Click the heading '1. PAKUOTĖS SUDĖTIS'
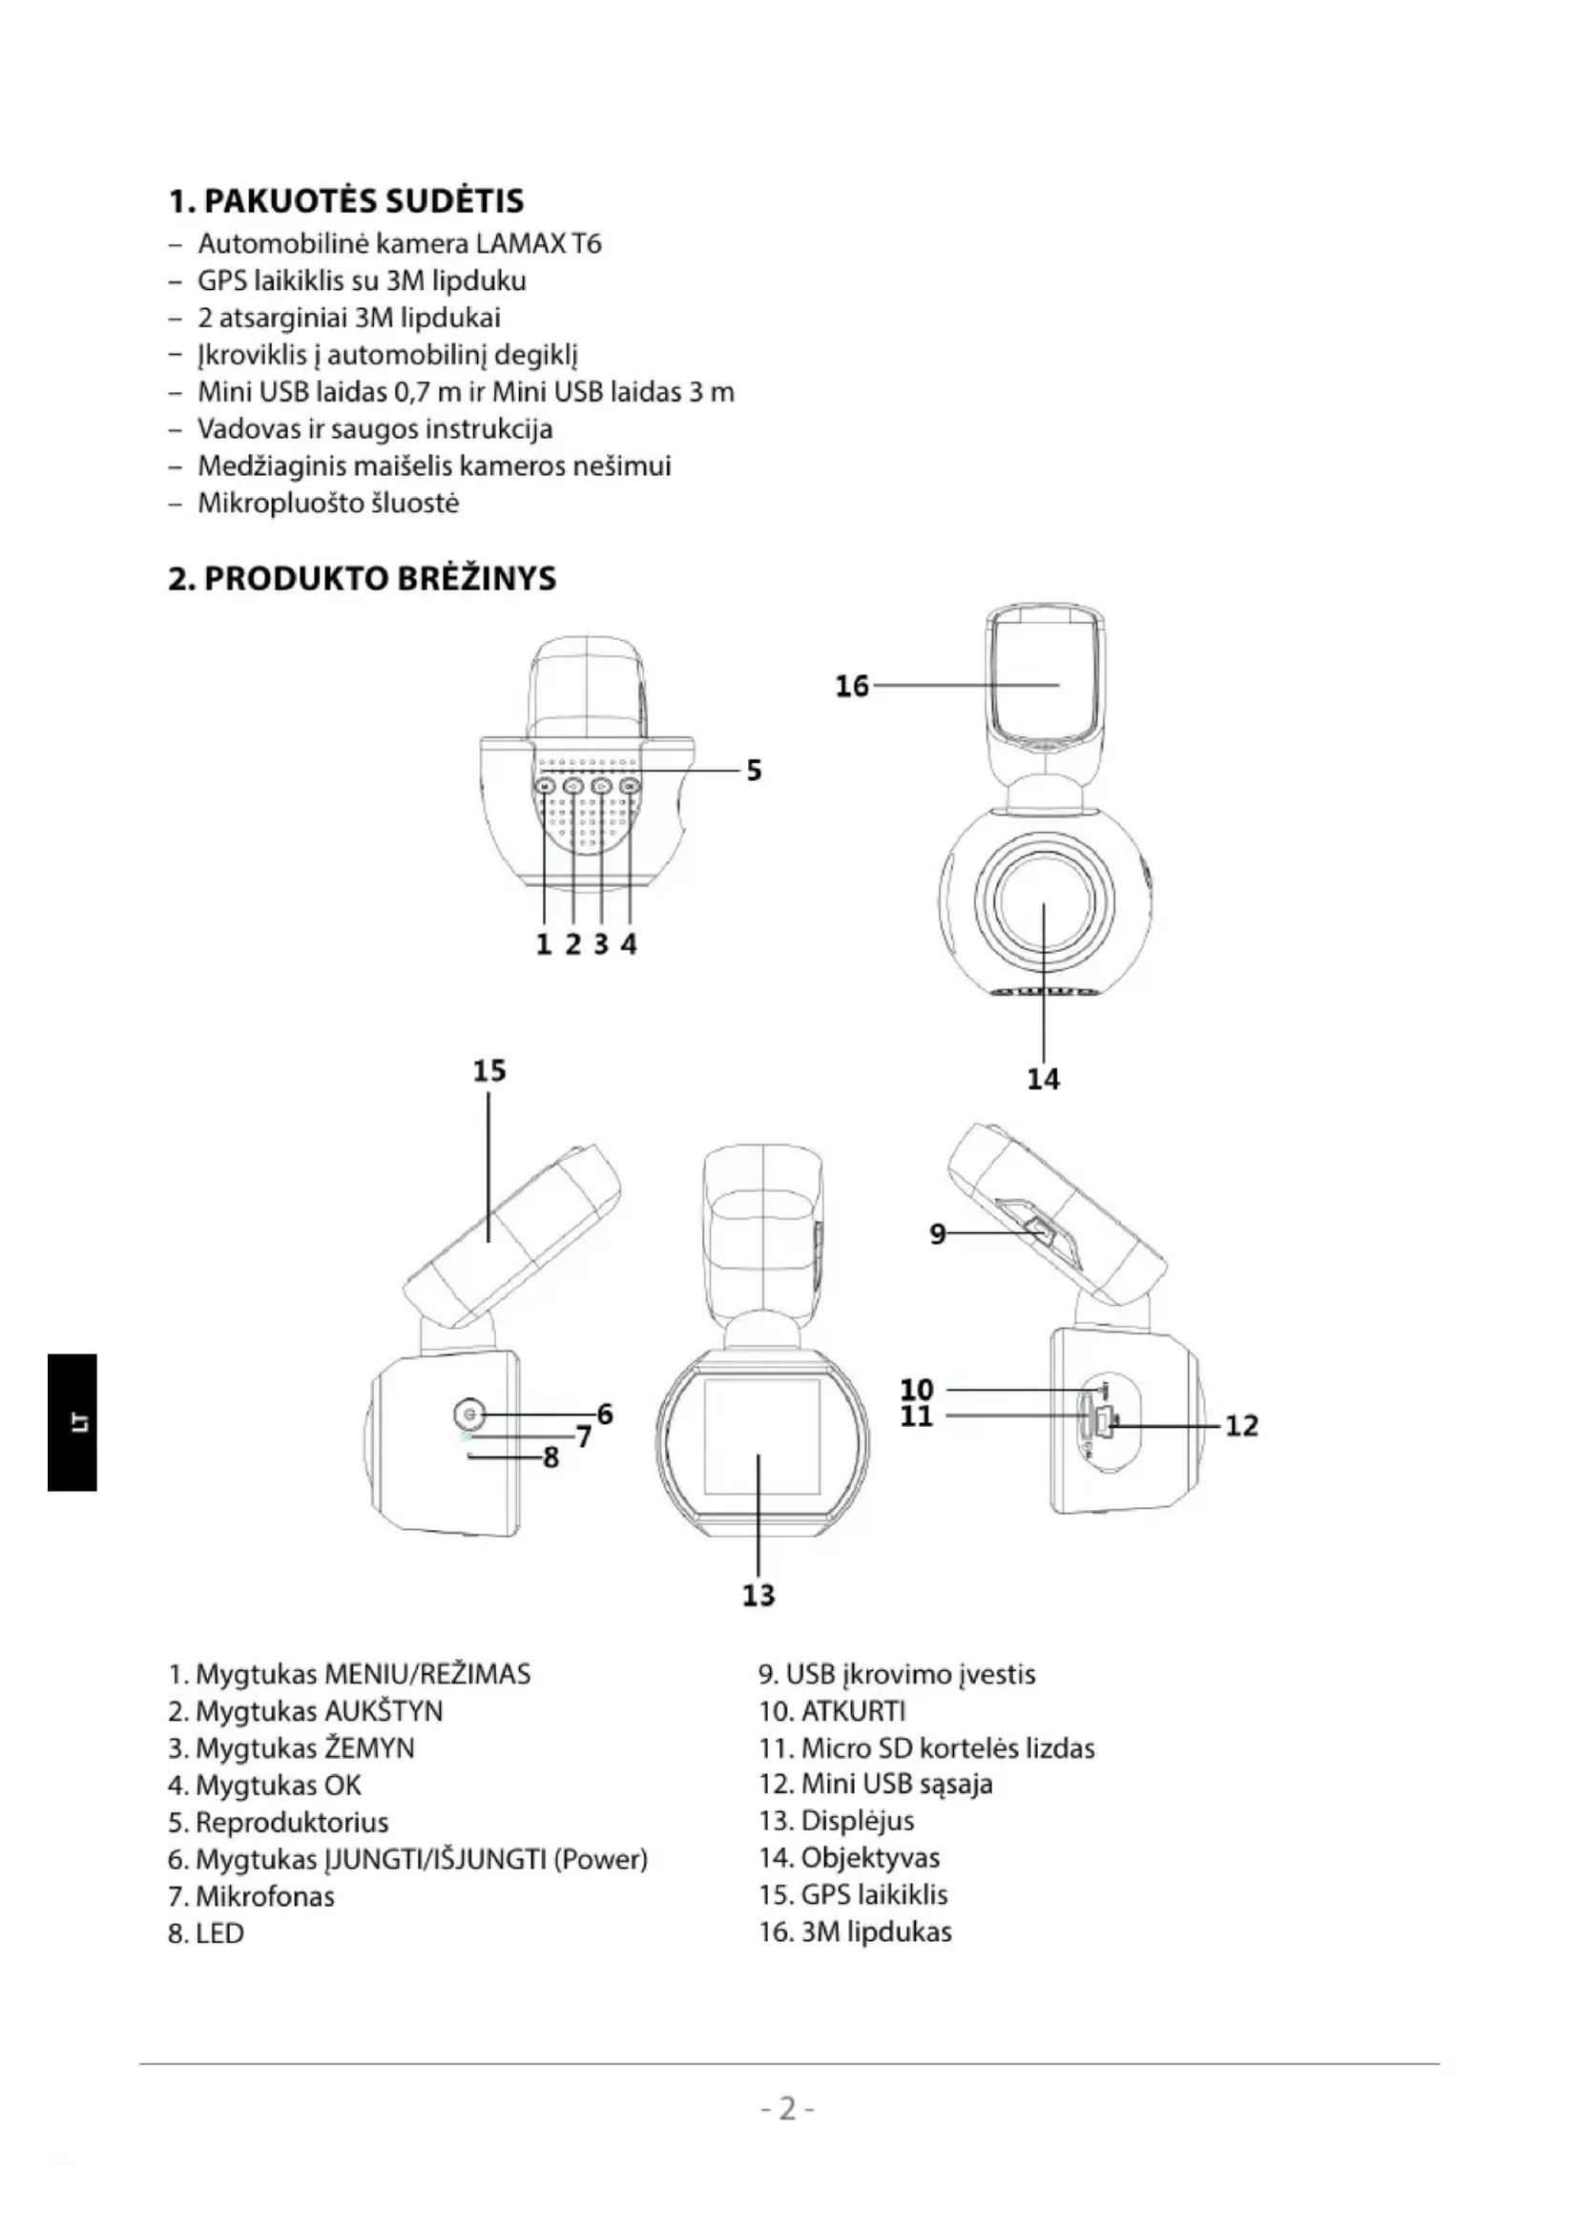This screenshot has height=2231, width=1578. coord(346,201)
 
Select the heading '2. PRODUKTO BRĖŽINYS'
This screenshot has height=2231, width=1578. coord(362,578)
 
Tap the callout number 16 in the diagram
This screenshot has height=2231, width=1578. coord(851,686)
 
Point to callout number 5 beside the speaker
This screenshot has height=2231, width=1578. coord(754,771)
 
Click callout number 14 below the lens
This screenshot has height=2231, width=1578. coord(1044,1079)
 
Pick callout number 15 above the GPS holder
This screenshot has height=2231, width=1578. coord(489,1071)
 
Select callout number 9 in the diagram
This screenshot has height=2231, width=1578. coord(937,1234)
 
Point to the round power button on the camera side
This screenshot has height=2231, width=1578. coord(469,1413)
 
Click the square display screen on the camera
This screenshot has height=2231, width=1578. coord(760,1437)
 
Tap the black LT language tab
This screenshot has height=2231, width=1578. coord(72,1421)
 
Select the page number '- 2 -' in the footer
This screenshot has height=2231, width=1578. coord(788,2109)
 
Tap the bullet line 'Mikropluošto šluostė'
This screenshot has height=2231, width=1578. coord(328,504)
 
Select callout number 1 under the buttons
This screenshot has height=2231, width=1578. coord(543,943)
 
